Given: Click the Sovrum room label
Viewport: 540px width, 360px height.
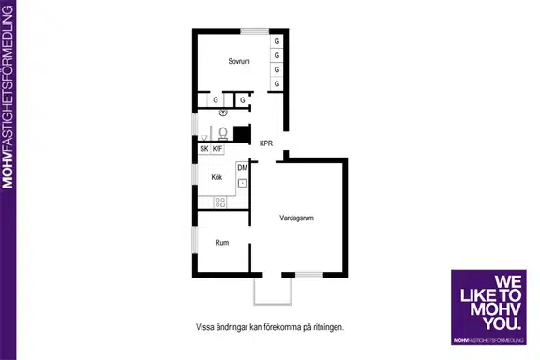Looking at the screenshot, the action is click(239, 61).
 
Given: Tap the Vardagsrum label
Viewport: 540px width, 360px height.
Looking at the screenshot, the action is click(296, 217).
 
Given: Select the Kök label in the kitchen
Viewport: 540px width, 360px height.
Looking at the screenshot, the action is click(217, 177).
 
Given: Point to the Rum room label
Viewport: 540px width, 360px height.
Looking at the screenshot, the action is click(222, 243).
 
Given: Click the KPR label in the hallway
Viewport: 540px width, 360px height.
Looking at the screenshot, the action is click(266, 143).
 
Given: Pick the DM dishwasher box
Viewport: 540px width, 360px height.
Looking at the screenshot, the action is click(243, 168).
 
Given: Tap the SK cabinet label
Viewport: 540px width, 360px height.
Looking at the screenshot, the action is click(204, 149).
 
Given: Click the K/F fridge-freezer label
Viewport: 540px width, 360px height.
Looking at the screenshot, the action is click(217, 149).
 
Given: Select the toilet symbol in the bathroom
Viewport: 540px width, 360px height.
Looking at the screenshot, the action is click(223, 134).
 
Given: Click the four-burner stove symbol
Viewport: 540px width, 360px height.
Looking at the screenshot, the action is click(220, 202).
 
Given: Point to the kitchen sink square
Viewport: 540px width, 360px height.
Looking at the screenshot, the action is click(243, 183).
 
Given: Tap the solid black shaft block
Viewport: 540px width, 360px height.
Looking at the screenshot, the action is click(242, 134).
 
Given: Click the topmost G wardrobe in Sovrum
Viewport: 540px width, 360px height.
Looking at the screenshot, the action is click(277, 41).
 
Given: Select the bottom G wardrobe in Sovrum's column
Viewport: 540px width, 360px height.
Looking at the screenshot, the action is click(277, 83).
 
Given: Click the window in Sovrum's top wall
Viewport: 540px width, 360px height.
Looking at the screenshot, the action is click(254, 31).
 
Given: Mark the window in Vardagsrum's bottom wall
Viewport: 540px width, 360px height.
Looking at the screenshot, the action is click(309, 275).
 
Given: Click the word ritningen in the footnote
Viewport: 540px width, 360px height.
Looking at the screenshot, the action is click(328, 327).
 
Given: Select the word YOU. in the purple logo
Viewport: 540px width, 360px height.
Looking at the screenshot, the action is click(502, 323).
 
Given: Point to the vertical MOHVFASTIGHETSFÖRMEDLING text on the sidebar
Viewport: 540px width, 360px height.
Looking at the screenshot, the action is click(7, 97).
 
